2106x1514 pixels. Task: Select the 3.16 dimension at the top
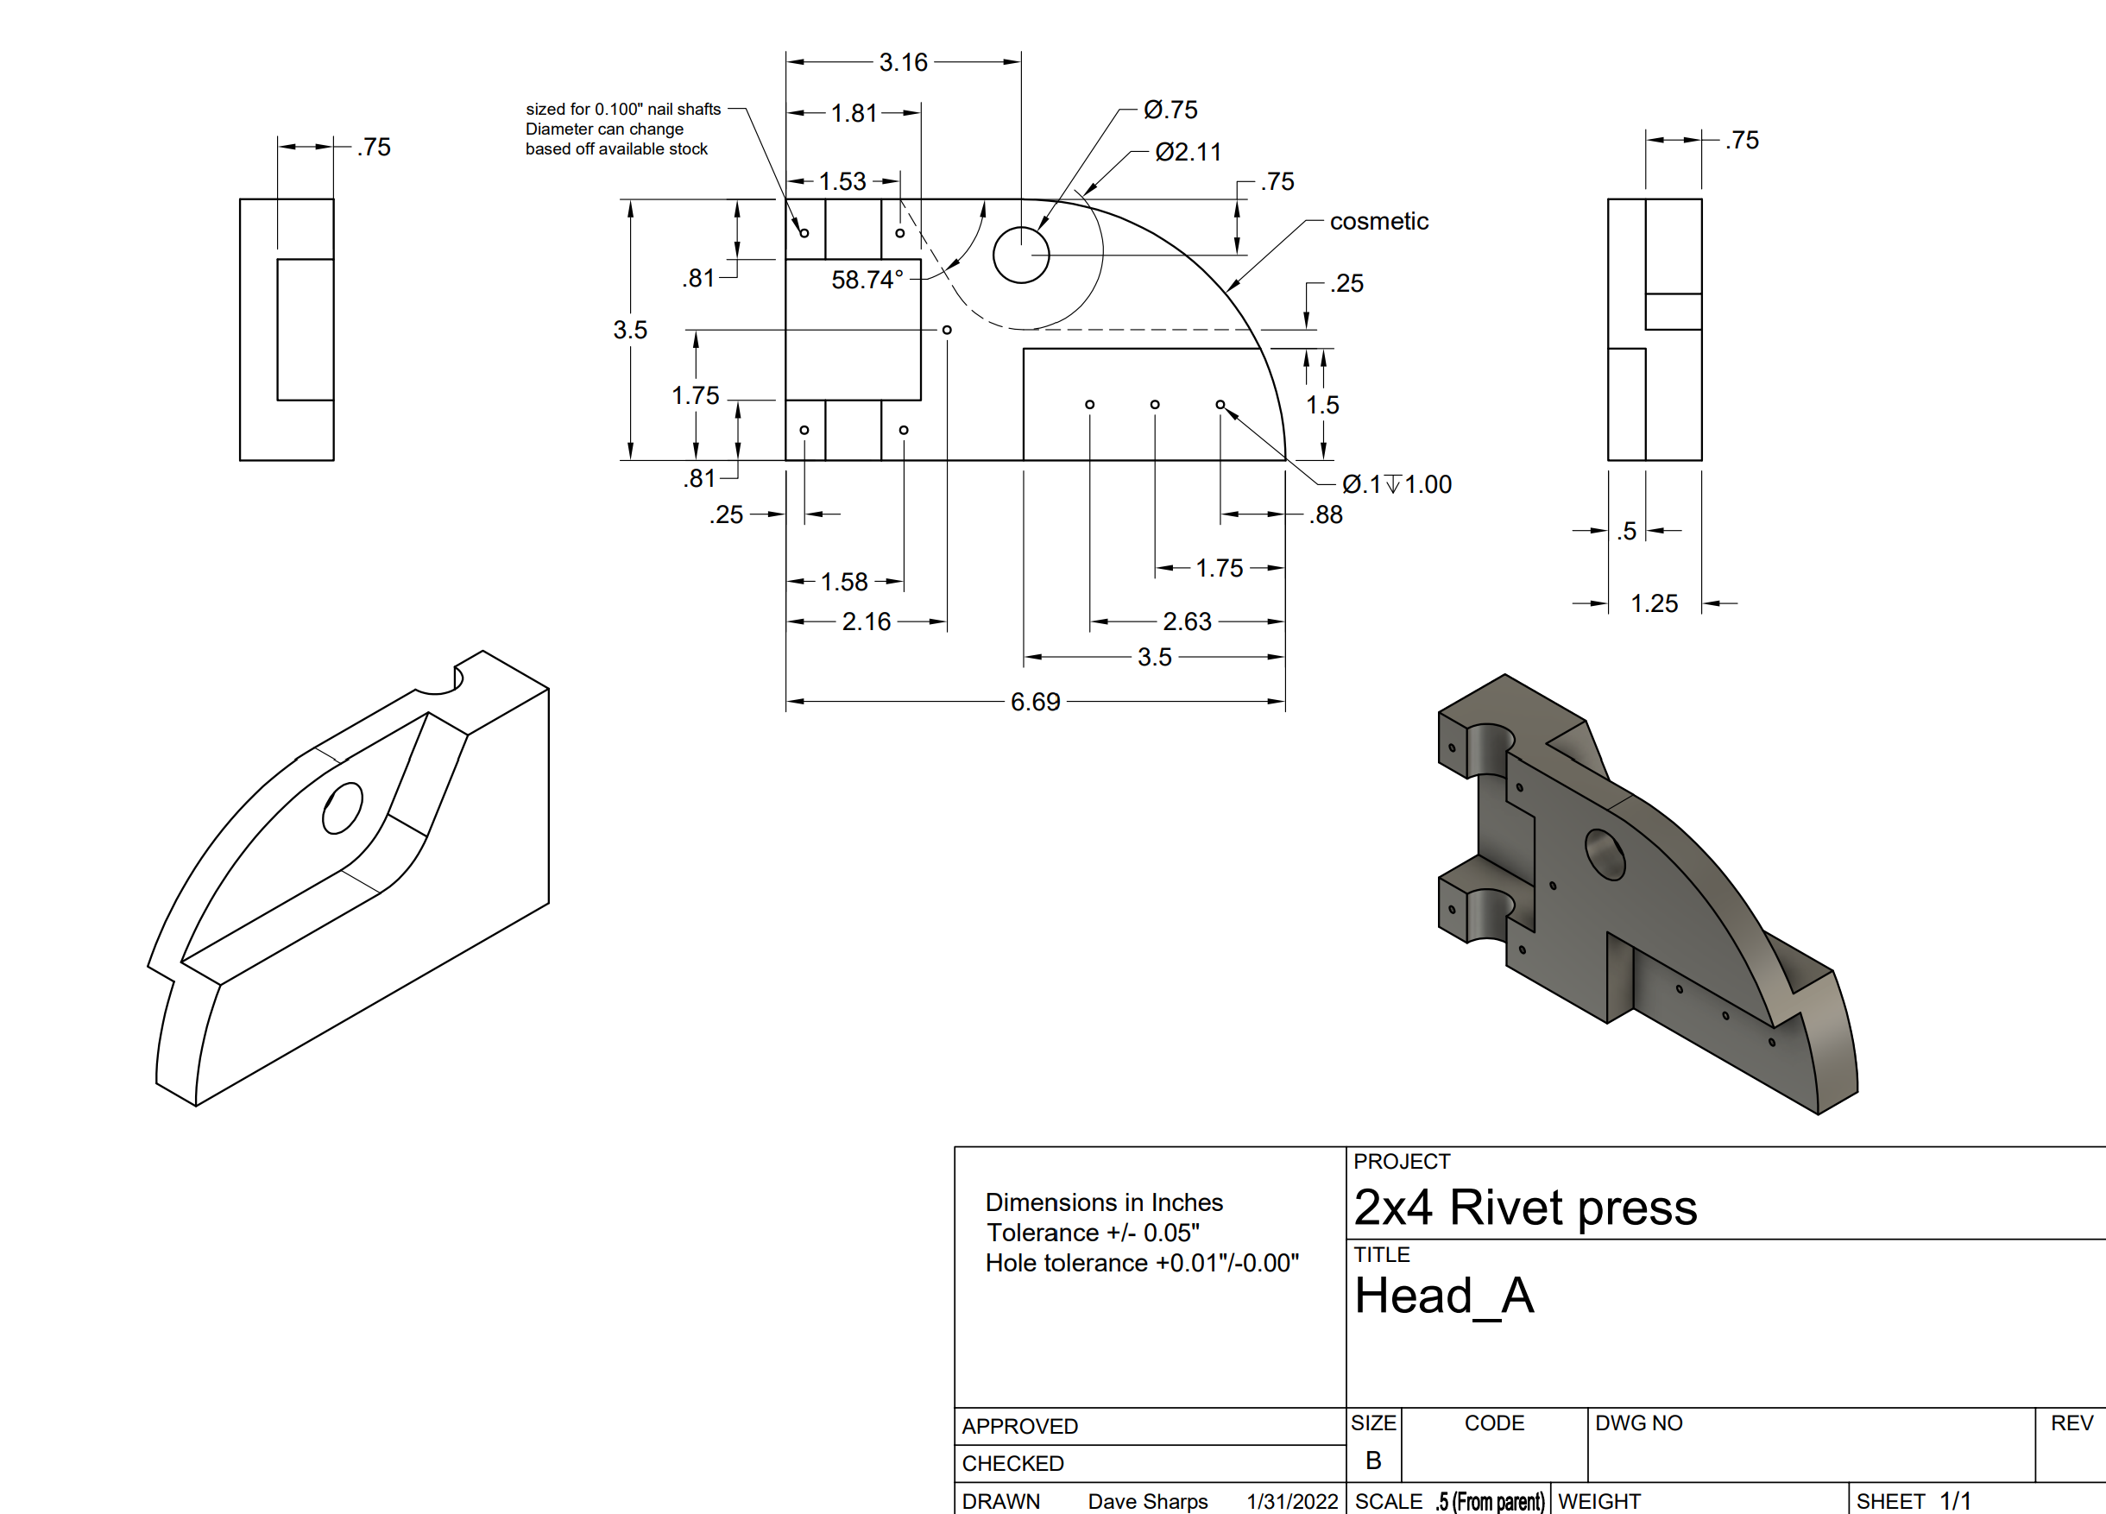coord(903,62)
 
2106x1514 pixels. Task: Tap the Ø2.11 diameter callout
coord(1188,151)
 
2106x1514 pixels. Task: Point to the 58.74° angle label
coord(867,280)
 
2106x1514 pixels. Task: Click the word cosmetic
coord(1379,221)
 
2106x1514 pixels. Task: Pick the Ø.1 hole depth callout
coord(1397,484)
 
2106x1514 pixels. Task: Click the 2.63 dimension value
coord(1187,621)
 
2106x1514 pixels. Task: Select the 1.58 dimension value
coord(843,582)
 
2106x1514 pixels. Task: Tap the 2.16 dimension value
coord(866,621)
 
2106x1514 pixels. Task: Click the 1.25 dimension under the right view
coord(1654,603)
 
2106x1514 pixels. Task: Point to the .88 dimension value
coord(1326,514)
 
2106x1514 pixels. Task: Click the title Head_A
coord(1444,1295)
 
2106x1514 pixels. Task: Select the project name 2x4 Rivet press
coord(1525,1207)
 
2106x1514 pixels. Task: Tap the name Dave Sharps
coord(1148,1501)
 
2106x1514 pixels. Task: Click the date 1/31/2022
coord(1291,1501)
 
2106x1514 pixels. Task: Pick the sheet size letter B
coord(1373,1460)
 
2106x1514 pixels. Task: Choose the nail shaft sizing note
coord(623,129)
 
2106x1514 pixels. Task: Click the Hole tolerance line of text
coord(1142,1263)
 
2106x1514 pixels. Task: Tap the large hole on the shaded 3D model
coord(1605,855)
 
